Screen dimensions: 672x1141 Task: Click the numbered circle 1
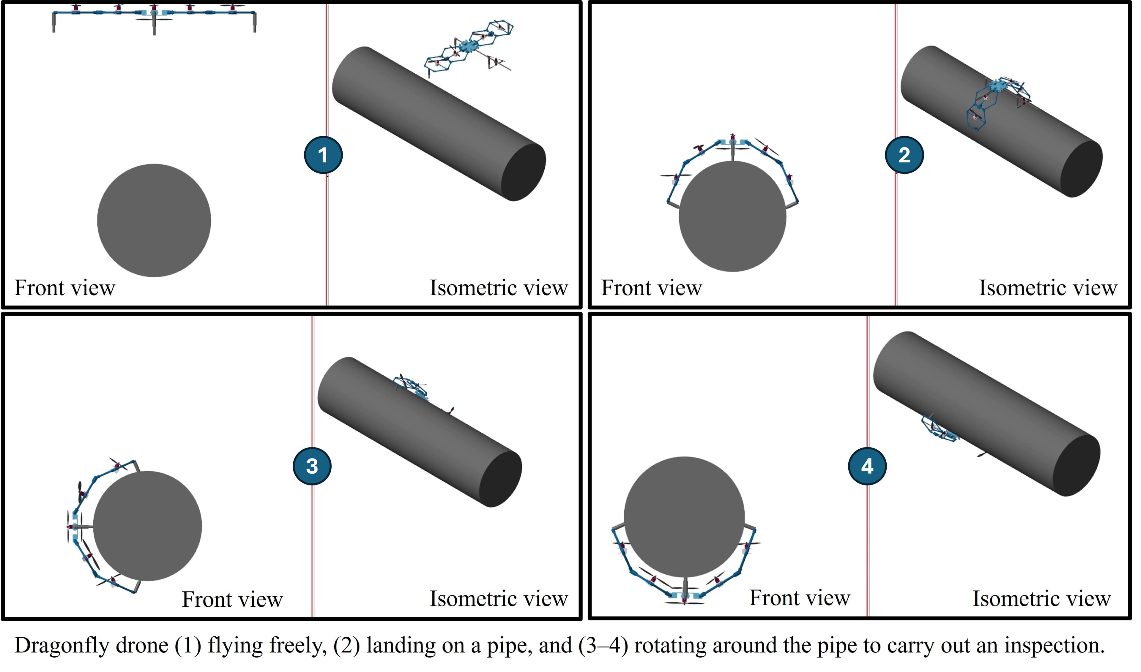(323, 155)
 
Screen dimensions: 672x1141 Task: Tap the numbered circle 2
(904, 155)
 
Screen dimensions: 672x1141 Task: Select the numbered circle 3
(312, 466)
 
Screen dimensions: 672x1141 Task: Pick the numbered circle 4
(867, 466)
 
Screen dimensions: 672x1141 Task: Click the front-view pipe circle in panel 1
(154, 221)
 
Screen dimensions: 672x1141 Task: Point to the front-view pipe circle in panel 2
(732, 216)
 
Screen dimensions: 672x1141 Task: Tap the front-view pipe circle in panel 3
(147, 526)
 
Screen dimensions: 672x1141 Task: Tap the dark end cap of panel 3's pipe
(500, 479)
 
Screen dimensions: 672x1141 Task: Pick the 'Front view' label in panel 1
(65, 288)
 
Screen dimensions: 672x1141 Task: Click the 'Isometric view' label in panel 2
(1048, 288)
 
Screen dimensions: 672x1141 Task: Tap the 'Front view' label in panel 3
(232, 600)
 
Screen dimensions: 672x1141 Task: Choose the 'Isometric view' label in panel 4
(1041, 599)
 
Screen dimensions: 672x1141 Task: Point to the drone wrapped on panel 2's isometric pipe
(997, 102)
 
